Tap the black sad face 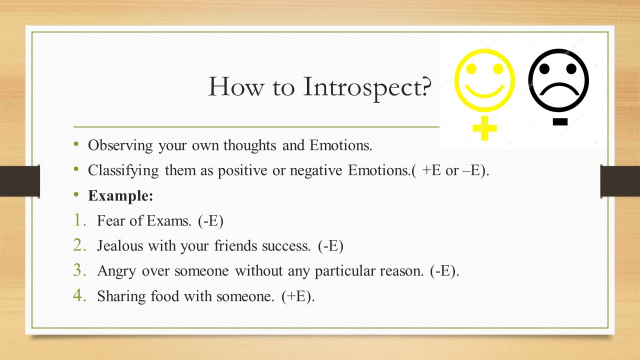tap(559, 80)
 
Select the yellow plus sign tap(484, 128)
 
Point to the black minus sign tap(560, 121)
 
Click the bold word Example tap(120, 195)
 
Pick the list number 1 tap(80, 220)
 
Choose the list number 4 tap(80, 295)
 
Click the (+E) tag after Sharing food tap(298, 296)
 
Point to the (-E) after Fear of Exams tap(210, 221)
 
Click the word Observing tap(120, 145)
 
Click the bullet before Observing tap(76, 144)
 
